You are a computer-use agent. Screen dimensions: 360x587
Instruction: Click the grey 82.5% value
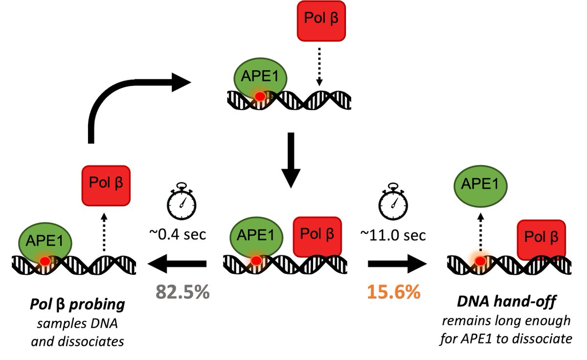182,292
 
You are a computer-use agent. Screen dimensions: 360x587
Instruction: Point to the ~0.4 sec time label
182,235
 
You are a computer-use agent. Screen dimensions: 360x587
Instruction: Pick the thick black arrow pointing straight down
291,159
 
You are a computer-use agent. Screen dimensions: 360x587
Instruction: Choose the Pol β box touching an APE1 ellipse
316,235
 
